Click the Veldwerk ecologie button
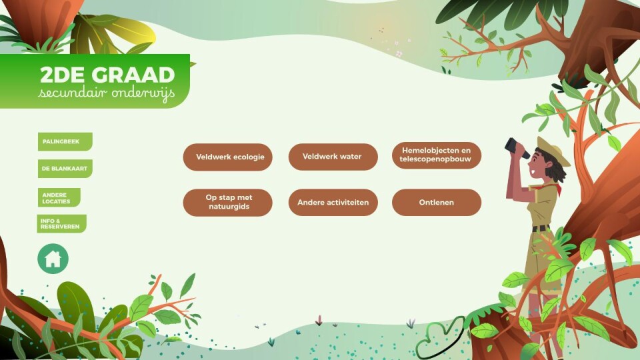[228, 157]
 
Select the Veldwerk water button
[333, 157]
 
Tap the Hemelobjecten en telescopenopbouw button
[437, 155]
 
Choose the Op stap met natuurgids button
[228, 203]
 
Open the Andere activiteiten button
[333, 203]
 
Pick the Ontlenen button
[437, 203]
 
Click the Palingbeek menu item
[65, 141]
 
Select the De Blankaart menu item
[65, 169]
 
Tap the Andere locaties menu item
[59, 197]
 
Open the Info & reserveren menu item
[61, 224]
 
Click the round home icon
[53, 259]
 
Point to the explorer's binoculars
[517, 148]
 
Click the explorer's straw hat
[553, 151]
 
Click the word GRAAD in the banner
[133, 75]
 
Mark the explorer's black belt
[541, 228]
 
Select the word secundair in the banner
[73, 93]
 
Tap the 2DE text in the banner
[63, 75]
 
